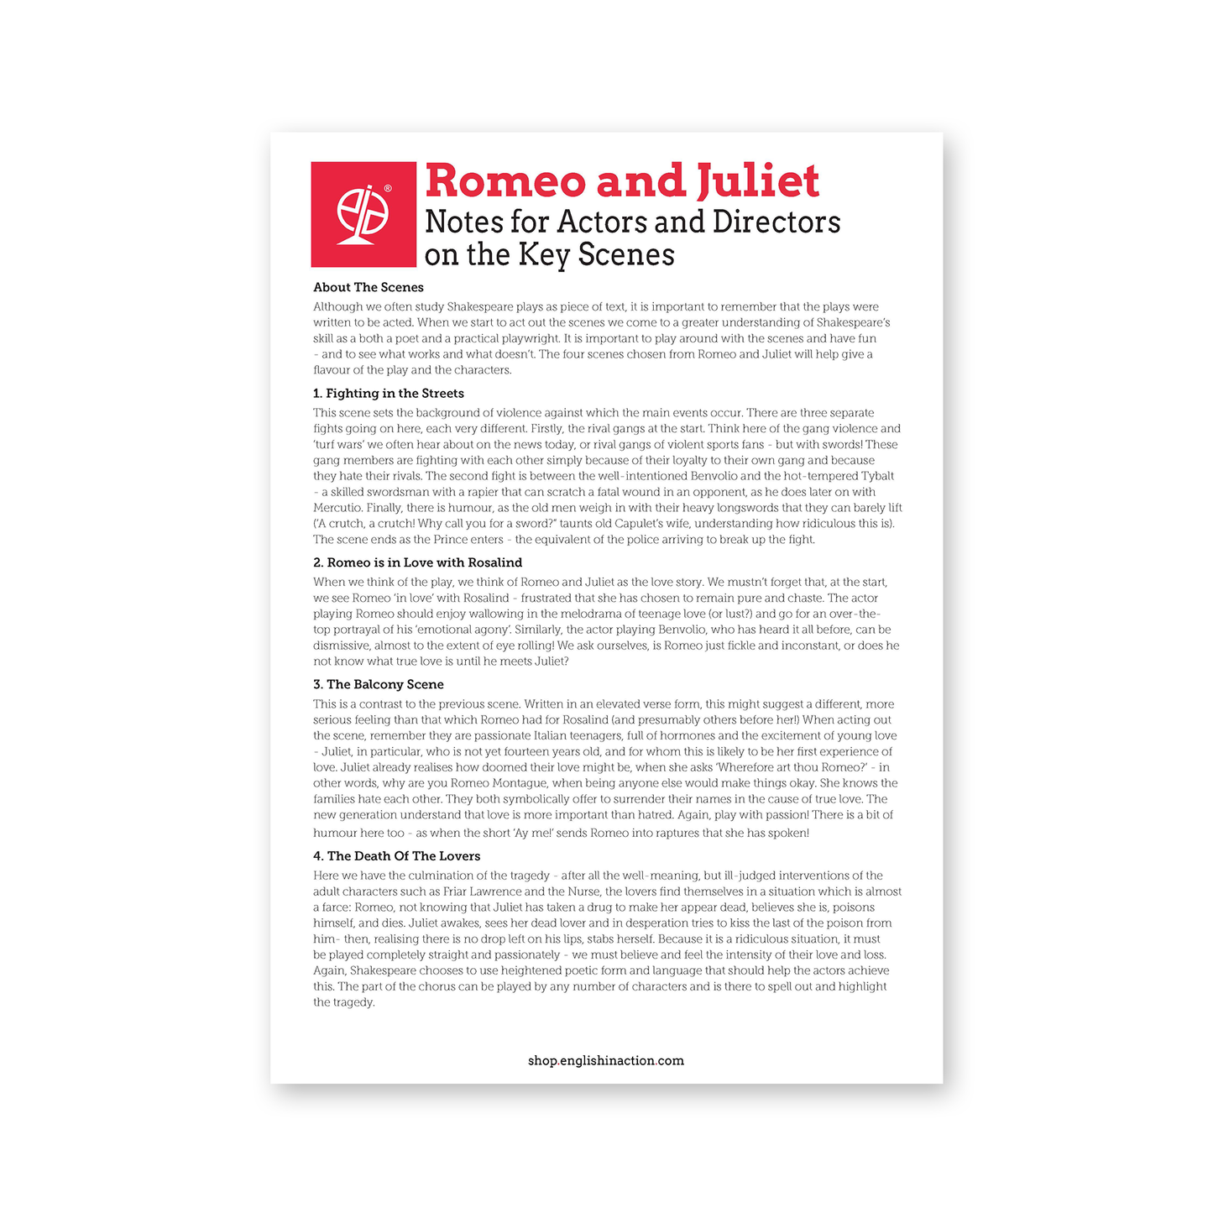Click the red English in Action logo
point(363,214)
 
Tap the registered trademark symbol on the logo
point(388,188)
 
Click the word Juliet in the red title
point(757,180)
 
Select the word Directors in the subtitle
point(776,222)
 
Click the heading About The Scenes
point(369,287)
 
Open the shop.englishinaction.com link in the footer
point(606,1061)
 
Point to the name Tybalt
point(877,476)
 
